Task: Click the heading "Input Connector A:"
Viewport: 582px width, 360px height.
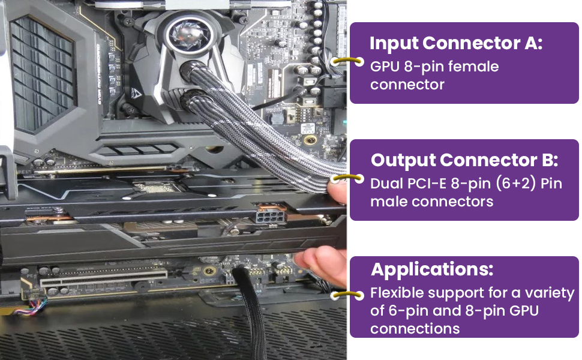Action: pyautogui.click(x=456, y=44)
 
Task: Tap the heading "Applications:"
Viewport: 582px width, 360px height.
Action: pyautogui.click(x=431, y=269)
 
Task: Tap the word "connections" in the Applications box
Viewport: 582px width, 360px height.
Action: pyautogui.click(x=415, y=329)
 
